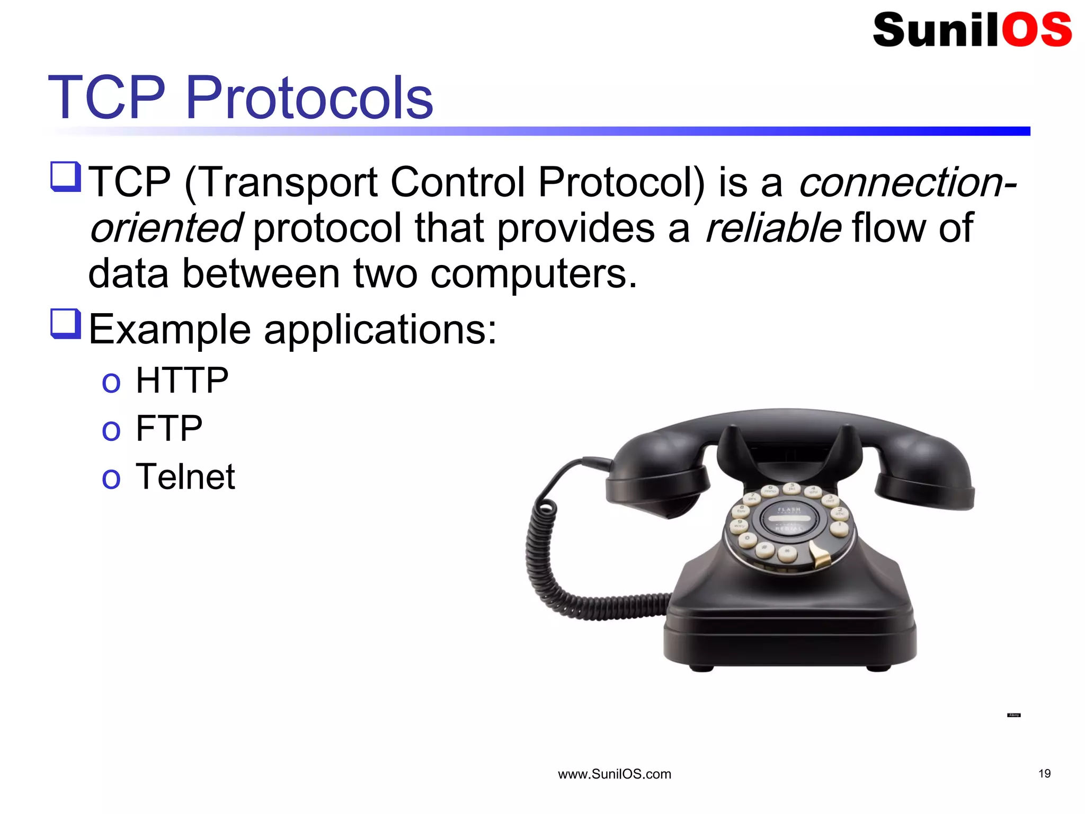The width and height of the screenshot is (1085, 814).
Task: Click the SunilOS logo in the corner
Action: [972, 30]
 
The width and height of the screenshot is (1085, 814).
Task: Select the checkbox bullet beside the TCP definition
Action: [66, 177]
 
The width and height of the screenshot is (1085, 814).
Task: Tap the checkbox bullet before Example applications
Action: [66, 324]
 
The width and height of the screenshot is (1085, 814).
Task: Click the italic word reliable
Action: [773, 228]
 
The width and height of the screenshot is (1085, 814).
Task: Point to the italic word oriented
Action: [166, 228]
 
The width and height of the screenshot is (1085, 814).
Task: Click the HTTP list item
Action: [182, 381]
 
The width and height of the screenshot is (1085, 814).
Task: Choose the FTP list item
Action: [168, 428]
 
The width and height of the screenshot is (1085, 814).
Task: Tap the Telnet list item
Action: [185, 476]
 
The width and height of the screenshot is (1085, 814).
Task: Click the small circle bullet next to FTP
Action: [111, 430]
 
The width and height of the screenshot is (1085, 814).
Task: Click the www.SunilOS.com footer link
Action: [614, 774]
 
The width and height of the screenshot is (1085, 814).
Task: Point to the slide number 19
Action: [1044, 774]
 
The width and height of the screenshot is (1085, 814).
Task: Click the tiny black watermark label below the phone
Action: [1013, 715]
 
